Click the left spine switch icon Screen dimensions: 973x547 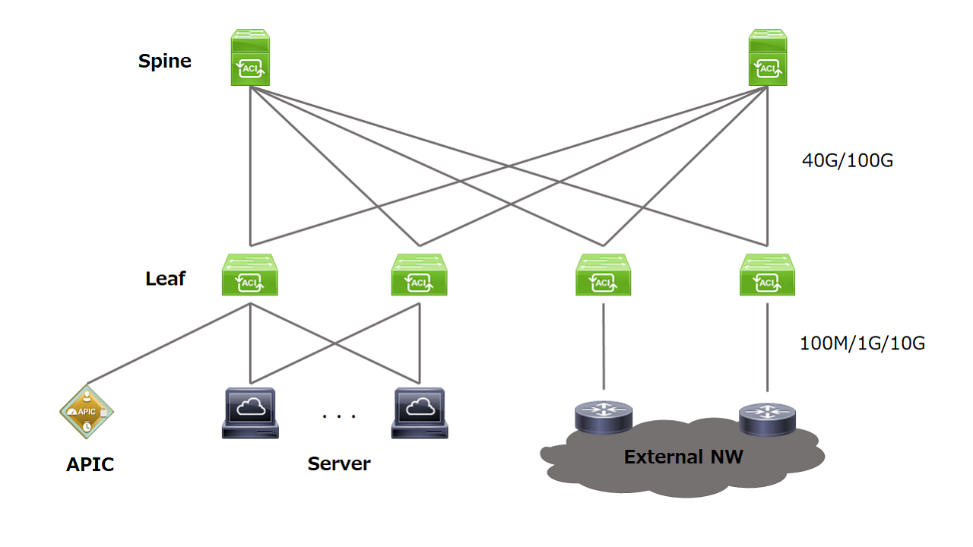point(250,57)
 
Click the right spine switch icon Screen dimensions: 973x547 point(768,57)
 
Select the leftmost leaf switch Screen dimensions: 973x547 point(250,275)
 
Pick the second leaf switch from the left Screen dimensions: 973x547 point(419,275)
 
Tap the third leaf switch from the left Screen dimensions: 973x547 point(604,275)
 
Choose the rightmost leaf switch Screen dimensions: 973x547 point(768,275)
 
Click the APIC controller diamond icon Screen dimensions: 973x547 point(87,412)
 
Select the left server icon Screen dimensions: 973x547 point(250,413)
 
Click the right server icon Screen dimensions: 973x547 point(420,413)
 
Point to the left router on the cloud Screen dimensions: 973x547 point(604,417)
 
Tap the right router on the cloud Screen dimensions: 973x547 point(768,419)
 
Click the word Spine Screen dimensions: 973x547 point(165,62)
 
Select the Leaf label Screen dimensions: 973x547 point(165,279)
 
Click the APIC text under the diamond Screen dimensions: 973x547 point(90,464)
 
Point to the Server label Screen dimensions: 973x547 point(339,463)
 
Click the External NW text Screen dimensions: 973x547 point(683,457)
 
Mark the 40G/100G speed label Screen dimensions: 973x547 point(848,160)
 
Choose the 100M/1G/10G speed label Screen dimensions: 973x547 point(863,343)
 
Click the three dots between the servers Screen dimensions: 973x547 point(339,416)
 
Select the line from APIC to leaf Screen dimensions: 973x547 point(169,343)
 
